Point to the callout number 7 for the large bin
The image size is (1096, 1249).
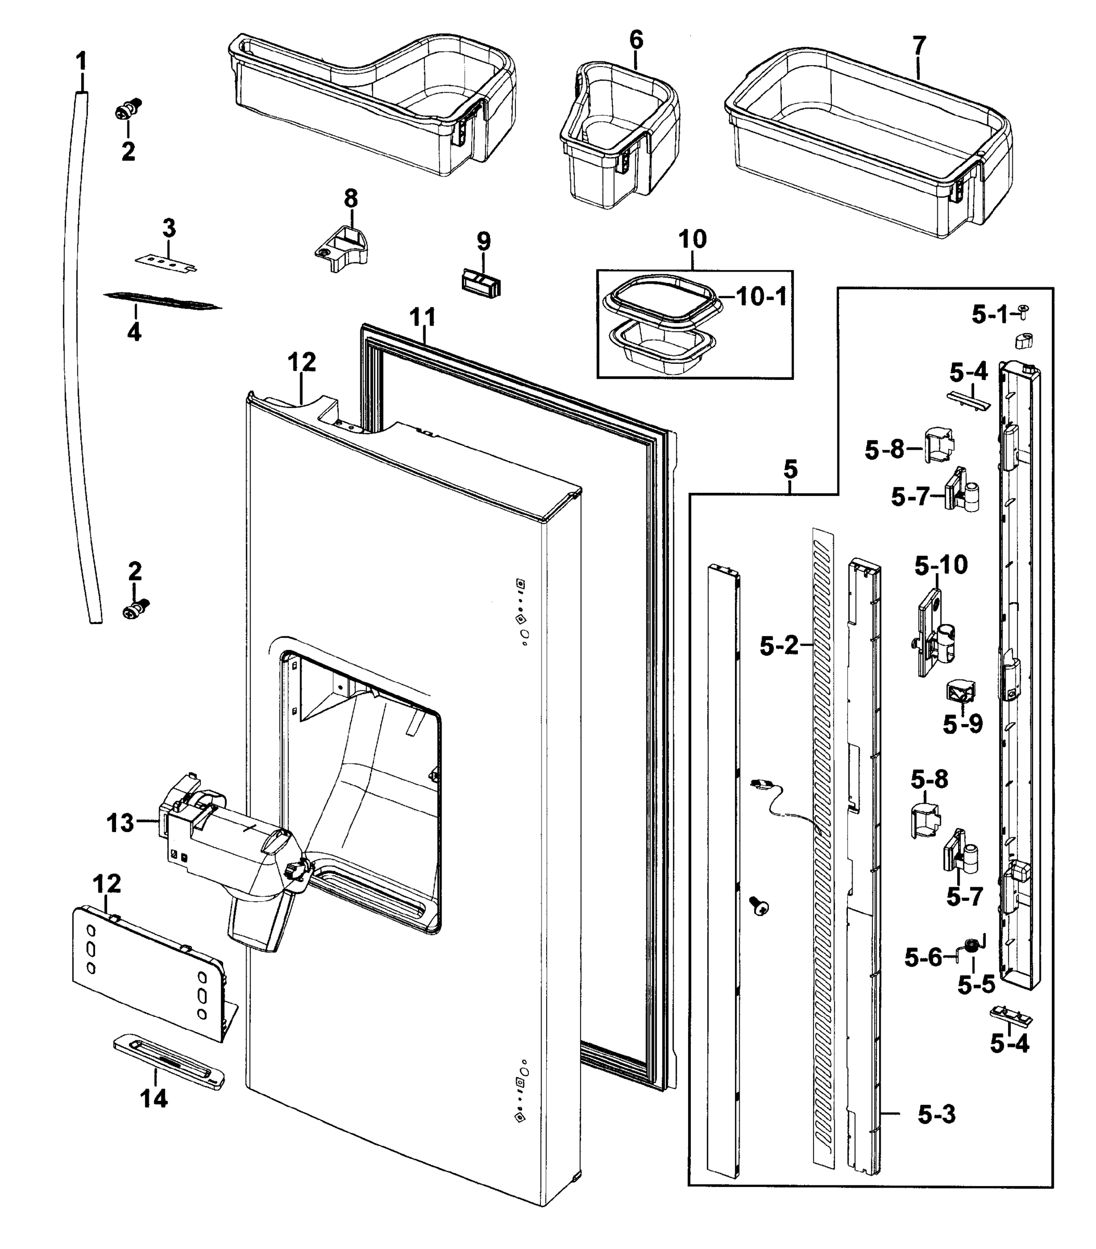click(919, 45)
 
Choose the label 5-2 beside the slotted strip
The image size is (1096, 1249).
click(779, 645)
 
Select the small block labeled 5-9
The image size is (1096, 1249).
click(960, 692)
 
